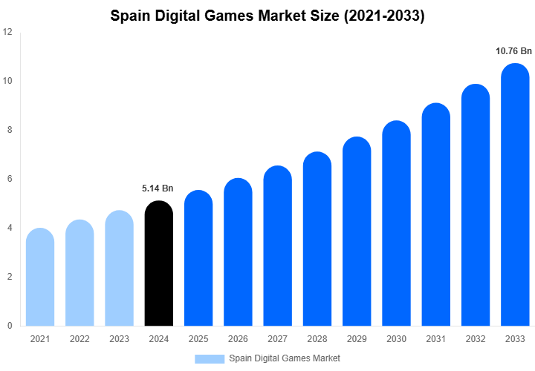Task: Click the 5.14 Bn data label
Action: [158, 188]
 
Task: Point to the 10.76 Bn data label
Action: [513, 51]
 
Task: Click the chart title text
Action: [267, 16]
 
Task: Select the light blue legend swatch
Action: [210, 358]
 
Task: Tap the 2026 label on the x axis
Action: [238, 339]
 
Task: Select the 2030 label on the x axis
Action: [396, 339]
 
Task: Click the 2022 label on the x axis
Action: [80, 339]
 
